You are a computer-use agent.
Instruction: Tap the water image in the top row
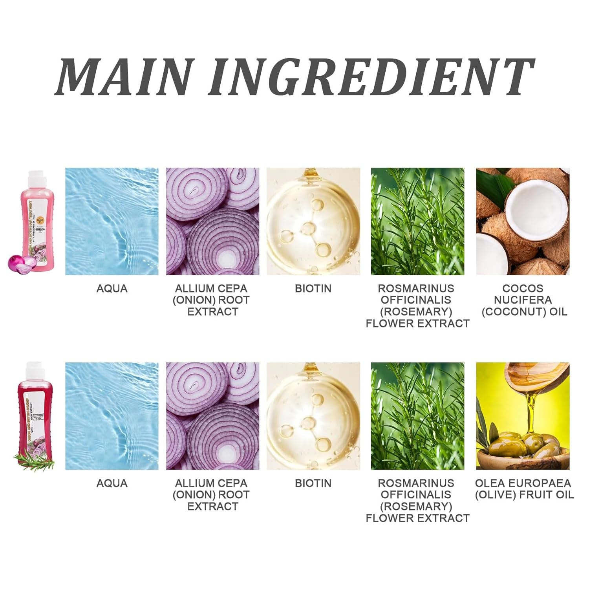coord(112,221)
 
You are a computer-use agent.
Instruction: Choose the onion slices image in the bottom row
coord(212,416)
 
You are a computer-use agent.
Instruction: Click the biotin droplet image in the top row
coord(313,221)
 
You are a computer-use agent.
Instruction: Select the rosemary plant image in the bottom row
coord(417,416)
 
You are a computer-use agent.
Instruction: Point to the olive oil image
coord(523,416)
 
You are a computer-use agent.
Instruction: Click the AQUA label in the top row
coord(112,289)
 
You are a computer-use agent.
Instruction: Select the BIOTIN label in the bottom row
coord(313,483)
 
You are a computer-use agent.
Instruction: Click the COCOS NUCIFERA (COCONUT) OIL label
coord(524,300)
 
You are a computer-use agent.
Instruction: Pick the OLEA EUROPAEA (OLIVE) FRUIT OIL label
coord(524,489)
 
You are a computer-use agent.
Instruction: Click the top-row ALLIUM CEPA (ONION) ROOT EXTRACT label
coord(211,300)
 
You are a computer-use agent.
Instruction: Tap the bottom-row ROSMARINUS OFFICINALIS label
coord(417,501)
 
